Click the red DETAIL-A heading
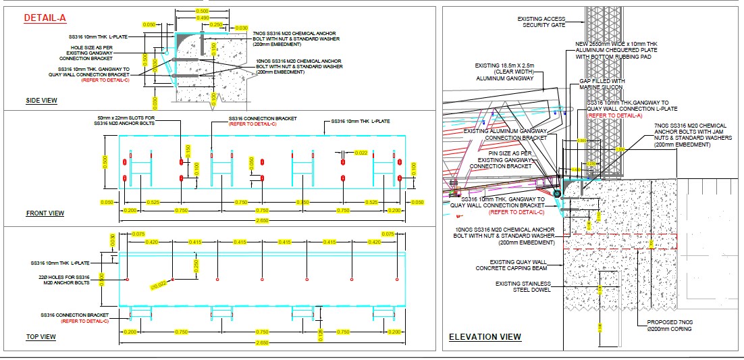click(x=45, y=19)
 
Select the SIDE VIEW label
click(x=41, y=101)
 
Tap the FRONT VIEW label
click(x=45, y=213)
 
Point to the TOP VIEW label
click(x=41, y=336)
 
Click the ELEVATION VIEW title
click(x=485, y=336)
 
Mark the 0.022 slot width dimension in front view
click(x=361, y=153)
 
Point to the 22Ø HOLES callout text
click(x=64, y=280)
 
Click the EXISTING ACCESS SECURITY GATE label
click(x=542, y=22)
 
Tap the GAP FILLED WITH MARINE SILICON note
click(x=602, y=84)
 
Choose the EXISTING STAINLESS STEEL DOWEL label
click(x=523, y=287)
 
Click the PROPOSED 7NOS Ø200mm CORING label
click(x=668, y=326)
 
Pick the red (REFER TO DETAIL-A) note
click(x=614, y=115)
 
